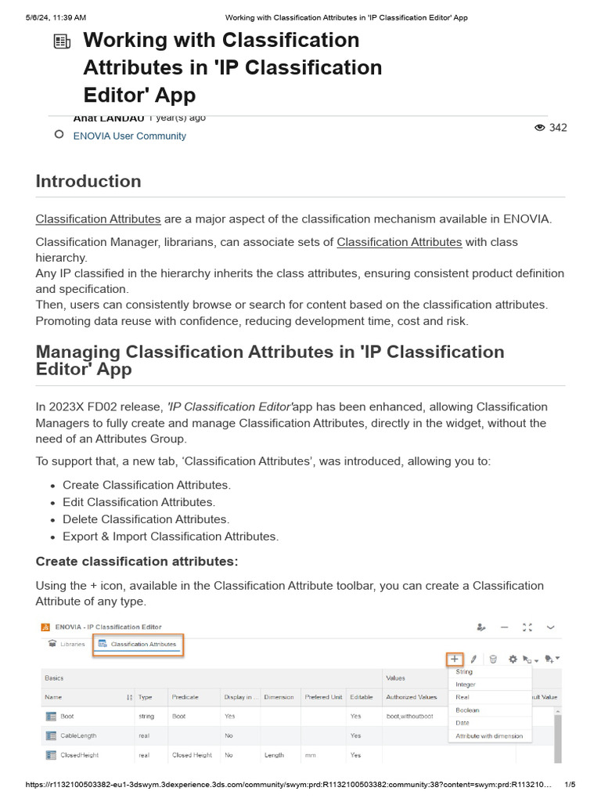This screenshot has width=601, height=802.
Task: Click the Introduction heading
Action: [x=88, y=181]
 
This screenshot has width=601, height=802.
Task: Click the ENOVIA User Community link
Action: [x=129, y=135]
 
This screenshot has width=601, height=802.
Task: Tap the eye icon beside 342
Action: [x=539, y=128]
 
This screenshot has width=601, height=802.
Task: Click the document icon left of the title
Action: [x=63, y=42]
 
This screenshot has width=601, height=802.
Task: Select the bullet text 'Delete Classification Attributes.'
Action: [x=146, y=519]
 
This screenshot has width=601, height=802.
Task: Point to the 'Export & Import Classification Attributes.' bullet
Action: [x=171, y=536]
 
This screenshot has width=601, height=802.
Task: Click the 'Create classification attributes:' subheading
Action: [x=137, y=562]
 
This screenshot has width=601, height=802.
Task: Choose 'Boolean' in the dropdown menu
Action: [x=467, y=710]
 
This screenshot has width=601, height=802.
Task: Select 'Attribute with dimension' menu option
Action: [x=489, y=735]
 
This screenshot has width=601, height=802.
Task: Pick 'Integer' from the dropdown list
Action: [x=466, y=685]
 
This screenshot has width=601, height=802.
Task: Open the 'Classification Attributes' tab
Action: [x=139, y=645]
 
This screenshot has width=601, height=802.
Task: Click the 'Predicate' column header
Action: [x=185, y=696]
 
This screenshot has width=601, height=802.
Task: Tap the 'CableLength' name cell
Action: [x=80, y=735]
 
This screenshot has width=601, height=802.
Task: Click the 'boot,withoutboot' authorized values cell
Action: [x=409, y=716]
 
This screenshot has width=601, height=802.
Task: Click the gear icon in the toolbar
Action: [x=513, y=659]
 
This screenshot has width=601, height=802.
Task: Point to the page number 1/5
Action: [x=570, y=785]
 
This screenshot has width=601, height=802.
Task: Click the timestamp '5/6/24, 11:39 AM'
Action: [x=50, y=17]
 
